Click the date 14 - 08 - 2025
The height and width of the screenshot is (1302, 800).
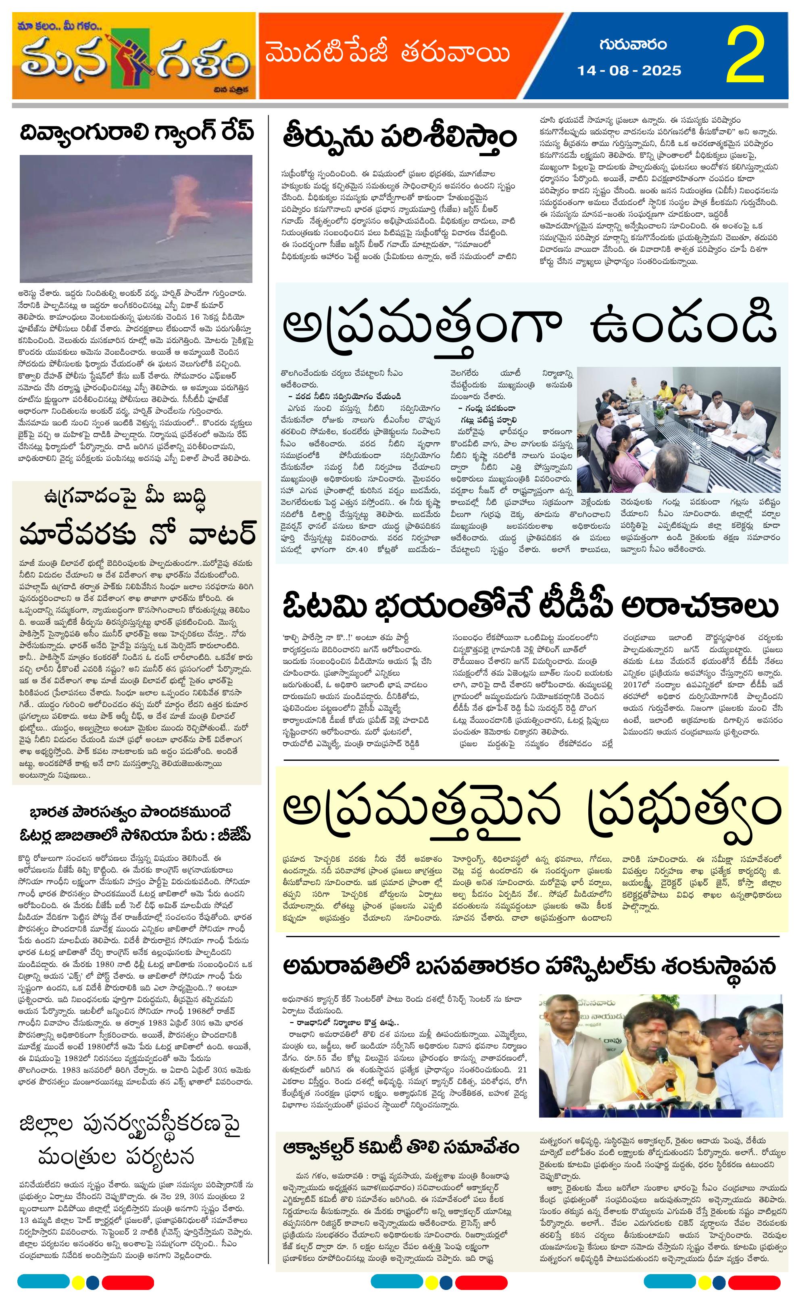tap(629, 70)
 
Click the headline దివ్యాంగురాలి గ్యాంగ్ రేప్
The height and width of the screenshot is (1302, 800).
tap(137, 132)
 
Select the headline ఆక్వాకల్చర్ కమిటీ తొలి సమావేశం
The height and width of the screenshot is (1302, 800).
tap(401, 1147)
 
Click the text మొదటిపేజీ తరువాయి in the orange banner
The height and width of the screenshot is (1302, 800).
tap(387, 54)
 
